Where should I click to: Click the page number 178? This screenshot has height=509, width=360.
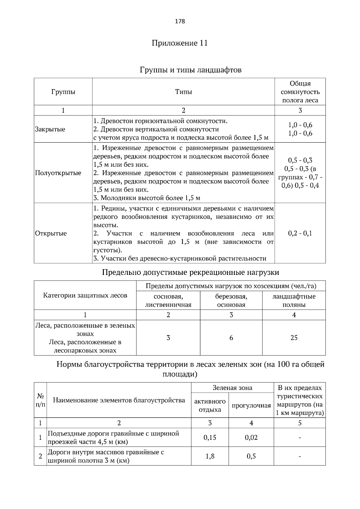(180, 21)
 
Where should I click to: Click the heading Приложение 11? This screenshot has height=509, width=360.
(180, 43)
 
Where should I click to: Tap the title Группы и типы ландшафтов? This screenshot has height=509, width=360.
(190, 70)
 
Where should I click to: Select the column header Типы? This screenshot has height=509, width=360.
(183, 92)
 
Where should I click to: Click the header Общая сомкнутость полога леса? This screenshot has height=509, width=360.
(300, 92)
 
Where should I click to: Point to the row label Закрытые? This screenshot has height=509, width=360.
(50, 129)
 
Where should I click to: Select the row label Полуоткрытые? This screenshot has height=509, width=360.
(58, 173)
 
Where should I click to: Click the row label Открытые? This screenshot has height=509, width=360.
(51, 234)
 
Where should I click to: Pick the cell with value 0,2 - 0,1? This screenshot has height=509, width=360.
(300, 234)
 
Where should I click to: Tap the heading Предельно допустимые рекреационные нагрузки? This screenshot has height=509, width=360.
(190, 272)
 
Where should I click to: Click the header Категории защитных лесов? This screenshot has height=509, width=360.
(85, 296)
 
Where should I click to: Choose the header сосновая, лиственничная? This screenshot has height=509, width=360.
(168, 301)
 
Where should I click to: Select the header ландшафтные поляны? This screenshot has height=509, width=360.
(294, 301)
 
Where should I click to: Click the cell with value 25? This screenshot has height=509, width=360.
(294, 338)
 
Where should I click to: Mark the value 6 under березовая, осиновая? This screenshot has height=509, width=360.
(231, 338)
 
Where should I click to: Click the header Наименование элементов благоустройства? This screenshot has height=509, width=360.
(119, 400)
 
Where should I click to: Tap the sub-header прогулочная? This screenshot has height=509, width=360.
(251, 406)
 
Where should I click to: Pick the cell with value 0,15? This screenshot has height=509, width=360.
(210, 438)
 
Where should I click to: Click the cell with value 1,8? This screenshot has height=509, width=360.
(210, 457)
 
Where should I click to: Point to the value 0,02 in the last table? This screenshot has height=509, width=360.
(251, 438)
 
